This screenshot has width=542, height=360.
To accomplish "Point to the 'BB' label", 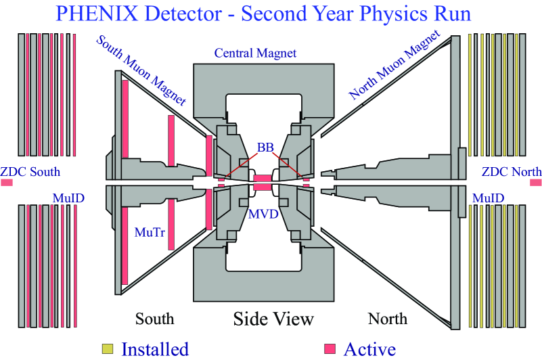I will (x=266, y=146).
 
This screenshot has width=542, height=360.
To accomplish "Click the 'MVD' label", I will (x=262, y=215).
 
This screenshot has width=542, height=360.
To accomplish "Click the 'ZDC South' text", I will (x=30, y=171).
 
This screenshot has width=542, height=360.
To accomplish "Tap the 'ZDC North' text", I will (x=512, y=171).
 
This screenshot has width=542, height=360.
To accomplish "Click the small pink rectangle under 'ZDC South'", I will (x=7, y=183).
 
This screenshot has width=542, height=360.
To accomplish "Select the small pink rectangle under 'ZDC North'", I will (x=536, y=183).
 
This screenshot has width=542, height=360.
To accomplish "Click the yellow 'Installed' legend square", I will (x=107, y=348).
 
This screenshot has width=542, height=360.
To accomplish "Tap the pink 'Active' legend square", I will (x=330, y=348).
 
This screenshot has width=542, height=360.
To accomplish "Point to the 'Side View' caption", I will (x=273, y=318).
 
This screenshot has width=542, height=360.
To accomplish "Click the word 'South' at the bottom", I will (x=154, y=318).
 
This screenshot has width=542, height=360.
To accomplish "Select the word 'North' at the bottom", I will (x=388, y=318).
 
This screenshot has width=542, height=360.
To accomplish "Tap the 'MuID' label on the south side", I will (x=68, y=198).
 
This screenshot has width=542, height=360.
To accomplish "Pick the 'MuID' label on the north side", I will (x=488, y=198).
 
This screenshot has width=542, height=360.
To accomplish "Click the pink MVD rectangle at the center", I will (x=262, y=182).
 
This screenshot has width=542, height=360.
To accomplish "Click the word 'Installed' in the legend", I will (x=155, y=348).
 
